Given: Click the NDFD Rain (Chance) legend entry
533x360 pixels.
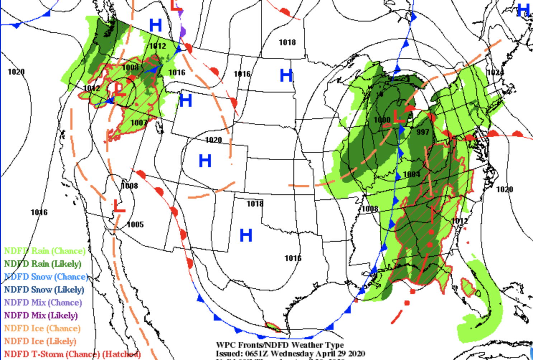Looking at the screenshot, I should (45, 251).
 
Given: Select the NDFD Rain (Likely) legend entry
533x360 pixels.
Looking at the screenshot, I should (43, 264).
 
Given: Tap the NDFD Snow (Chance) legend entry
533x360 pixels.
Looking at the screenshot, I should (46, 276).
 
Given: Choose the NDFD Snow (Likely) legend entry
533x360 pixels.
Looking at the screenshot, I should (44, 289).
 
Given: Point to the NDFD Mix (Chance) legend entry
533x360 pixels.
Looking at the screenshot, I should (43, 302).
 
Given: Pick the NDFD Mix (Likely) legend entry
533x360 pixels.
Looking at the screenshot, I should (41, 315).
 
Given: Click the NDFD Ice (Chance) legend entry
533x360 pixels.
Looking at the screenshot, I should (42, 328).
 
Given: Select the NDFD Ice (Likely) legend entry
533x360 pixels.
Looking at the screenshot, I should (40, 341).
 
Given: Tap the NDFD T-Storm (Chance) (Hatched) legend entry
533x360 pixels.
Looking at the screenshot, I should (72, 354).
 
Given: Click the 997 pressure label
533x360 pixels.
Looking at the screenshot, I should (423, 132).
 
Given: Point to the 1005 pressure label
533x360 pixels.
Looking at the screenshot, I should (135, 224).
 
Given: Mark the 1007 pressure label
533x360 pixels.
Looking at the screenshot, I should (138, 123).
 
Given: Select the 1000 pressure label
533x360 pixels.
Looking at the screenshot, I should (382, 119).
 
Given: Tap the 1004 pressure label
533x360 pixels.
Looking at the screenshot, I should (411, 174).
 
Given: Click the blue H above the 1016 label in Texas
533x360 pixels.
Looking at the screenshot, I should (246, 236).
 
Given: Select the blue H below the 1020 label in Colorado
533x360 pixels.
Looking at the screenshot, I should (205, 161).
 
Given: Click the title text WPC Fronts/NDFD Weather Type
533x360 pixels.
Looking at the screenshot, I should (280, 345).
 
